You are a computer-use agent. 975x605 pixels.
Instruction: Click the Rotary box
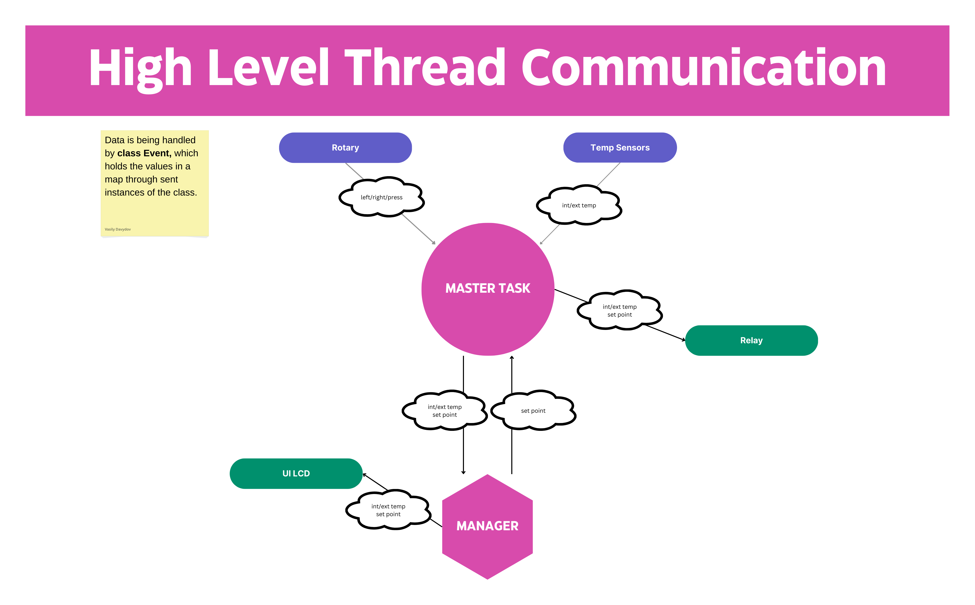pyautogui.click(x=345, y=148)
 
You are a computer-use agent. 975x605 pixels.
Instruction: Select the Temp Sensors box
pyautogui.click(x=620, y=148)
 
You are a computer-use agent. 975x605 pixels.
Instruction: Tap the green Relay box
pyautogui.click(x=751, y=341)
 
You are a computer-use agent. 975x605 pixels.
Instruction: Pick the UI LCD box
pyautogui.click(x=296, y=473)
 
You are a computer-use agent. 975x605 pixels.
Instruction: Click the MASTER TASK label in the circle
pyautogui.click(x=488, y=288)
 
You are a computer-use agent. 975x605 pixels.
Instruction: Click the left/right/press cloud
pyautogui.click(x=381, y=197)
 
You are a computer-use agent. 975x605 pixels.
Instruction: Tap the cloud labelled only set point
pyautogui.click(x=533, y=410)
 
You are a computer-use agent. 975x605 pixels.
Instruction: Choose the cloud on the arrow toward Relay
pyautogui.click(x=619, y=311)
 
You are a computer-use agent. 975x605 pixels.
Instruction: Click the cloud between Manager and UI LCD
pyautogui.click(x=388, y=510)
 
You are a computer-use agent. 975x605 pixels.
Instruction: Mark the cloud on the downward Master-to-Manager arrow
pyautogui.click(x=445, y=410)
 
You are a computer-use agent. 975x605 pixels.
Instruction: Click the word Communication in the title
pyautogui.click(x=703, y=68)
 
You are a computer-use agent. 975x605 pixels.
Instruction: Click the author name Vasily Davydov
pyautogui.click(x=118, y=229)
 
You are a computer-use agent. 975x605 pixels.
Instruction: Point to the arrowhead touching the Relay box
pyautogui.click(x=684, y=340)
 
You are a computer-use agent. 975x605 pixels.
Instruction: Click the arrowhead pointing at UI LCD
pyautogui.click(x=365, y=475)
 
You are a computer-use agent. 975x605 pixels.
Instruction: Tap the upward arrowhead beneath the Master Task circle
pyautogui.click(x=512, y=358)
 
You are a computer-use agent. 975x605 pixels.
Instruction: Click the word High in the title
pyautogui.click(x=140, y=68)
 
